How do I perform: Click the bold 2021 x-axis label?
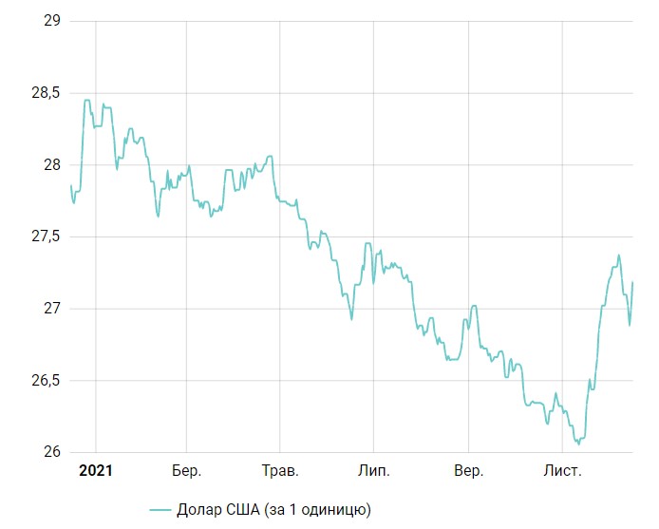95,470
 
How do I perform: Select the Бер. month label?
187,471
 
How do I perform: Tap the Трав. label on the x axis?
280,471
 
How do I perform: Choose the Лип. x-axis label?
373,471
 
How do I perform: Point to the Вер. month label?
467,471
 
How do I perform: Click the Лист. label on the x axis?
562,471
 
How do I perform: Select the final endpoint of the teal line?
632,282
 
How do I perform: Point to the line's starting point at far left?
70,185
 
